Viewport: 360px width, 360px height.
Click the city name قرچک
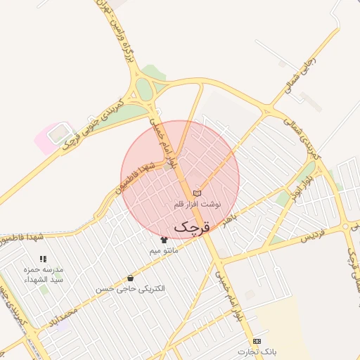(x=191, y=226)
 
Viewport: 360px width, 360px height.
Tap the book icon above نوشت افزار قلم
(x=197, y=193)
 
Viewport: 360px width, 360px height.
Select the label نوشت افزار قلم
(x=197, y=204)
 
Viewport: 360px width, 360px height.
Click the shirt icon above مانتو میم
(x=164, y=240)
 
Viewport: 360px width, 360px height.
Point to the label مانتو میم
(x=164, y=250)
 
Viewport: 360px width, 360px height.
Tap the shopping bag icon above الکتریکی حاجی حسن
(x=130, y=278)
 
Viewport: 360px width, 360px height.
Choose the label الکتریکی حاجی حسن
(x=130, y=289)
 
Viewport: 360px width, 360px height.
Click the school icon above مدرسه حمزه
(x=43, y=259)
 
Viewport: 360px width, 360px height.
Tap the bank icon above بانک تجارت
(x=257, y=341)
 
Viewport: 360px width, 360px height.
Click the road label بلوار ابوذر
(x=304, y=184)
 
